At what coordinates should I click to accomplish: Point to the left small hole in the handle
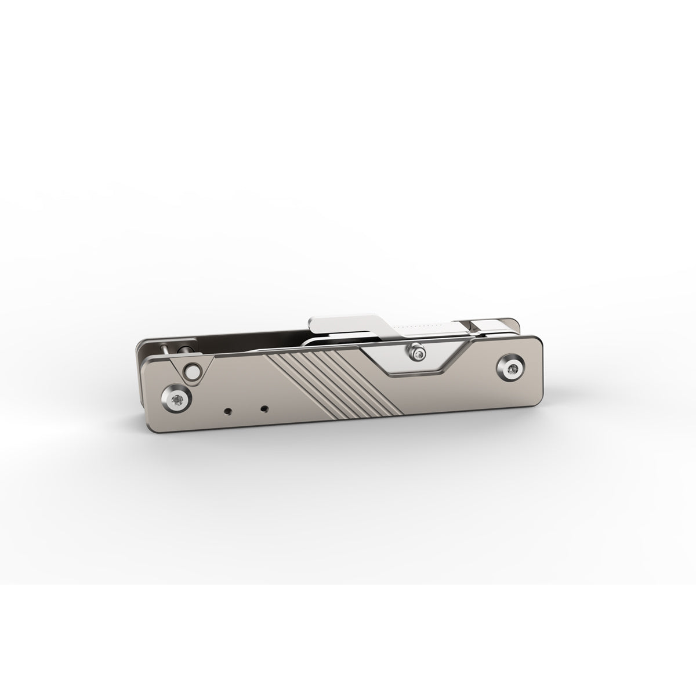(x=227, y=411)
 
